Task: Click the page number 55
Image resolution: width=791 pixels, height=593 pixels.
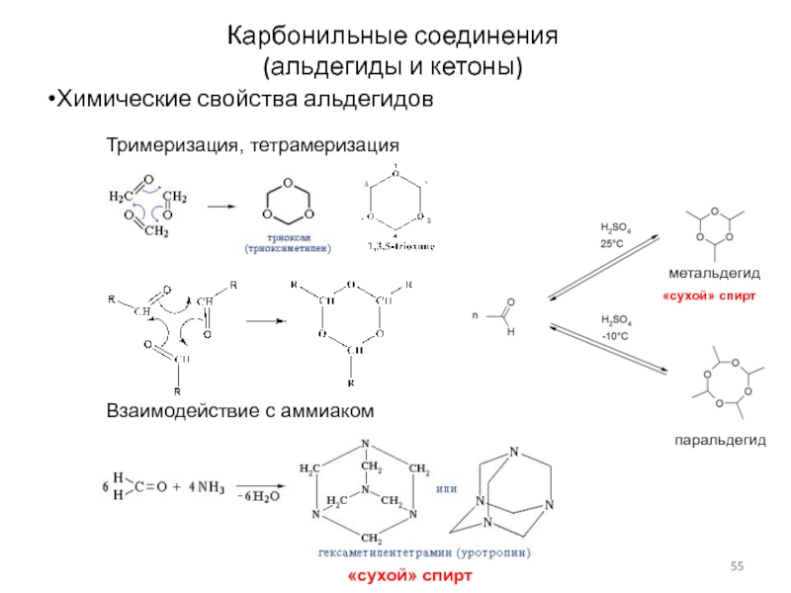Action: point(737,564)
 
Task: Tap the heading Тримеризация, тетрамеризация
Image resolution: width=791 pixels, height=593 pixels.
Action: point(252,144)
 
